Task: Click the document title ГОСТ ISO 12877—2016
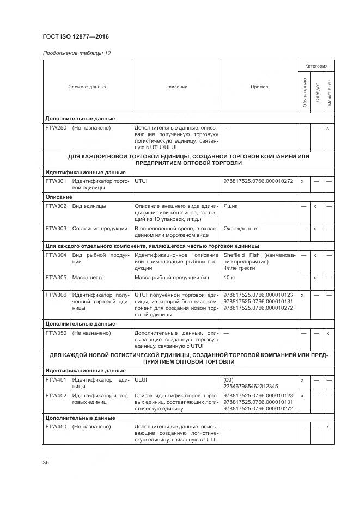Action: tap(76, 36)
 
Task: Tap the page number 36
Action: tap(46, 462)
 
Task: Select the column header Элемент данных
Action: tap(87, 87)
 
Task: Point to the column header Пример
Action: tap(259, 87)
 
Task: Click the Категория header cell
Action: tap(316, 66)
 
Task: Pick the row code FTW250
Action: tap(56, 128)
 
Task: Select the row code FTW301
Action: tap(56, 181)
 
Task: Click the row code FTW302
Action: tap(56, 206)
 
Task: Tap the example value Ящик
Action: tap(230, 206)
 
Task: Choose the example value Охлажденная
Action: tap(241, 229)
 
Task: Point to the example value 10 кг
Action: tap(229, 278)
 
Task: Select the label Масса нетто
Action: tap(88, 278)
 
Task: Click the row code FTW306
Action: tap(56, 295)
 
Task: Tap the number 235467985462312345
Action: tap(251, 386)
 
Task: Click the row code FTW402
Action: tap(56, 396)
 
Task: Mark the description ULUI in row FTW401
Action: tap(141, 379)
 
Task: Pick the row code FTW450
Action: tap(56, 427)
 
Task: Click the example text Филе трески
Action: tap(239, 268)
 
